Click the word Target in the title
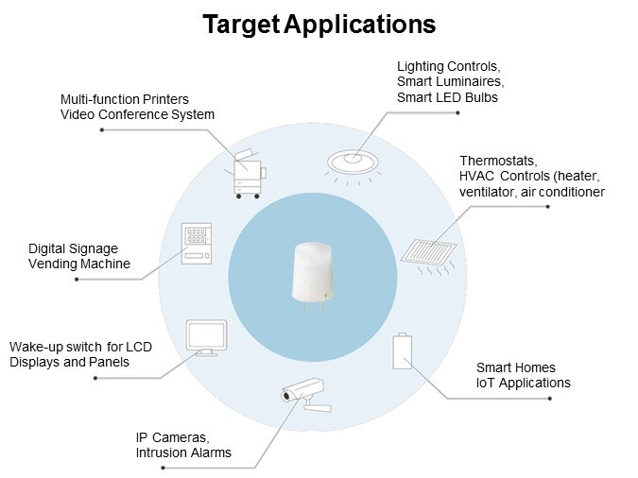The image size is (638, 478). point(241,25)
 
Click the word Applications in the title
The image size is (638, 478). point(360,25)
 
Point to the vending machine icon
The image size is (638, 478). point(196,244)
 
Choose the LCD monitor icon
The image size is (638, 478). point(206,337)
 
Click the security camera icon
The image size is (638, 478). point(305,395)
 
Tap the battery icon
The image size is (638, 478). point(402,351)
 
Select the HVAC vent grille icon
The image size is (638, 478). point(428,257)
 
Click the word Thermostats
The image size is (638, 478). point(498,161)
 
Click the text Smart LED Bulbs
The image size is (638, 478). point(447,97)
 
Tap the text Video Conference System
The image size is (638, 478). point(138,114)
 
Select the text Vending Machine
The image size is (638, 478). point(79,264)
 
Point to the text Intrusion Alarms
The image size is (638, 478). point(183,452)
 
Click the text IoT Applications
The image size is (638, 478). point(524,383)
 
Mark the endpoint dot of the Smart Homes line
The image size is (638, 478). point(550,399)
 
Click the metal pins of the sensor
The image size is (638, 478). point(313,305)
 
